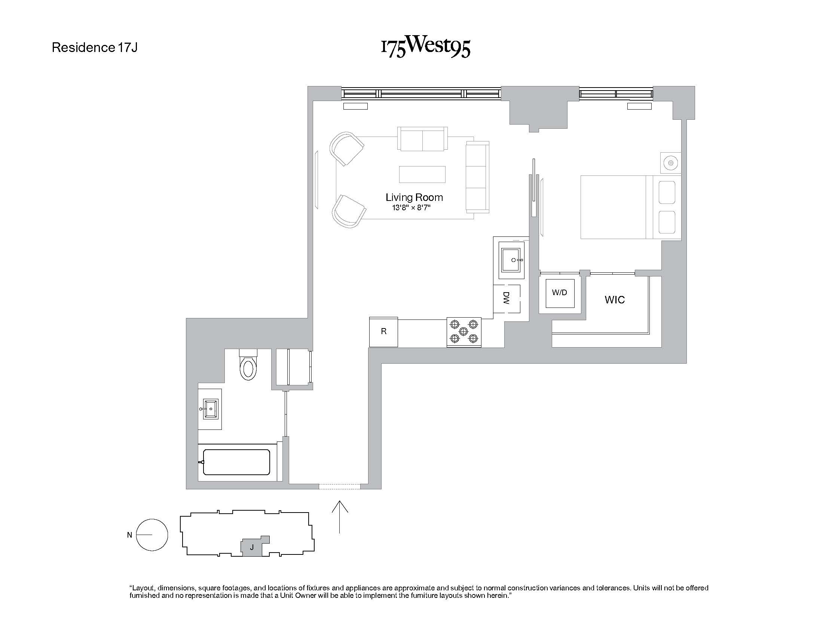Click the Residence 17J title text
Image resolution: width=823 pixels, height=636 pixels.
pyautogui.click(x=95, y=48)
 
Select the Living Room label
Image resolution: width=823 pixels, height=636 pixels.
pyautogui.click(x=414, y=197)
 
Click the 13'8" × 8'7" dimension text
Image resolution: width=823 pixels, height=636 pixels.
pyautogui.click(x=411, y=208)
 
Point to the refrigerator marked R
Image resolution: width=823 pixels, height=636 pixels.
pyautogui.click(x=383, y=331)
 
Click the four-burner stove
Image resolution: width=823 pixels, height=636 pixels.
pyautogui.click(x=464, y=331)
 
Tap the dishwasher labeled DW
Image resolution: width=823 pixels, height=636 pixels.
pyautogui.click(x=507, y=299)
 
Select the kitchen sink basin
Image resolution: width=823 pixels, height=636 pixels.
pyautogui.click(x=511, y=260)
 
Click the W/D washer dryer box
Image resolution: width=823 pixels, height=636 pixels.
pyautogui.click(x=560, y=293)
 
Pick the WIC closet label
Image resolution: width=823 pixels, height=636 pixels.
pyautogui.click(x=615, y=300)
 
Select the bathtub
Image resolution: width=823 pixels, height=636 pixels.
pyautogui.click(x=236, y=462)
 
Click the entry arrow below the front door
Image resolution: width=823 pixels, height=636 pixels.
pyautogui.click(x=340, y=516)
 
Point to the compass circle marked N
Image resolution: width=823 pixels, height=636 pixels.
pyautogui.click(x=152, y=535)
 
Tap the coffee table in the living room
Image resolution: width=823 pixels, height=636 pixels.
pyautogui.click(x=422, y=174)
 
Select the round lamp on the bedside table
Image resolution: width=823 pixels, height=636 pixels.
pyautogui.click(x=670, y=163)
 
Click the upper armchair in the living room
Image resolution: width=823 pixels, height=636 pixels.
pyautogui.click(x=346, y=149)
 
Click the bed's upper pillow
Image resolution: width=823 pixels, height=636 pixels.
pyautogui.click(x=667, y=193)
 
